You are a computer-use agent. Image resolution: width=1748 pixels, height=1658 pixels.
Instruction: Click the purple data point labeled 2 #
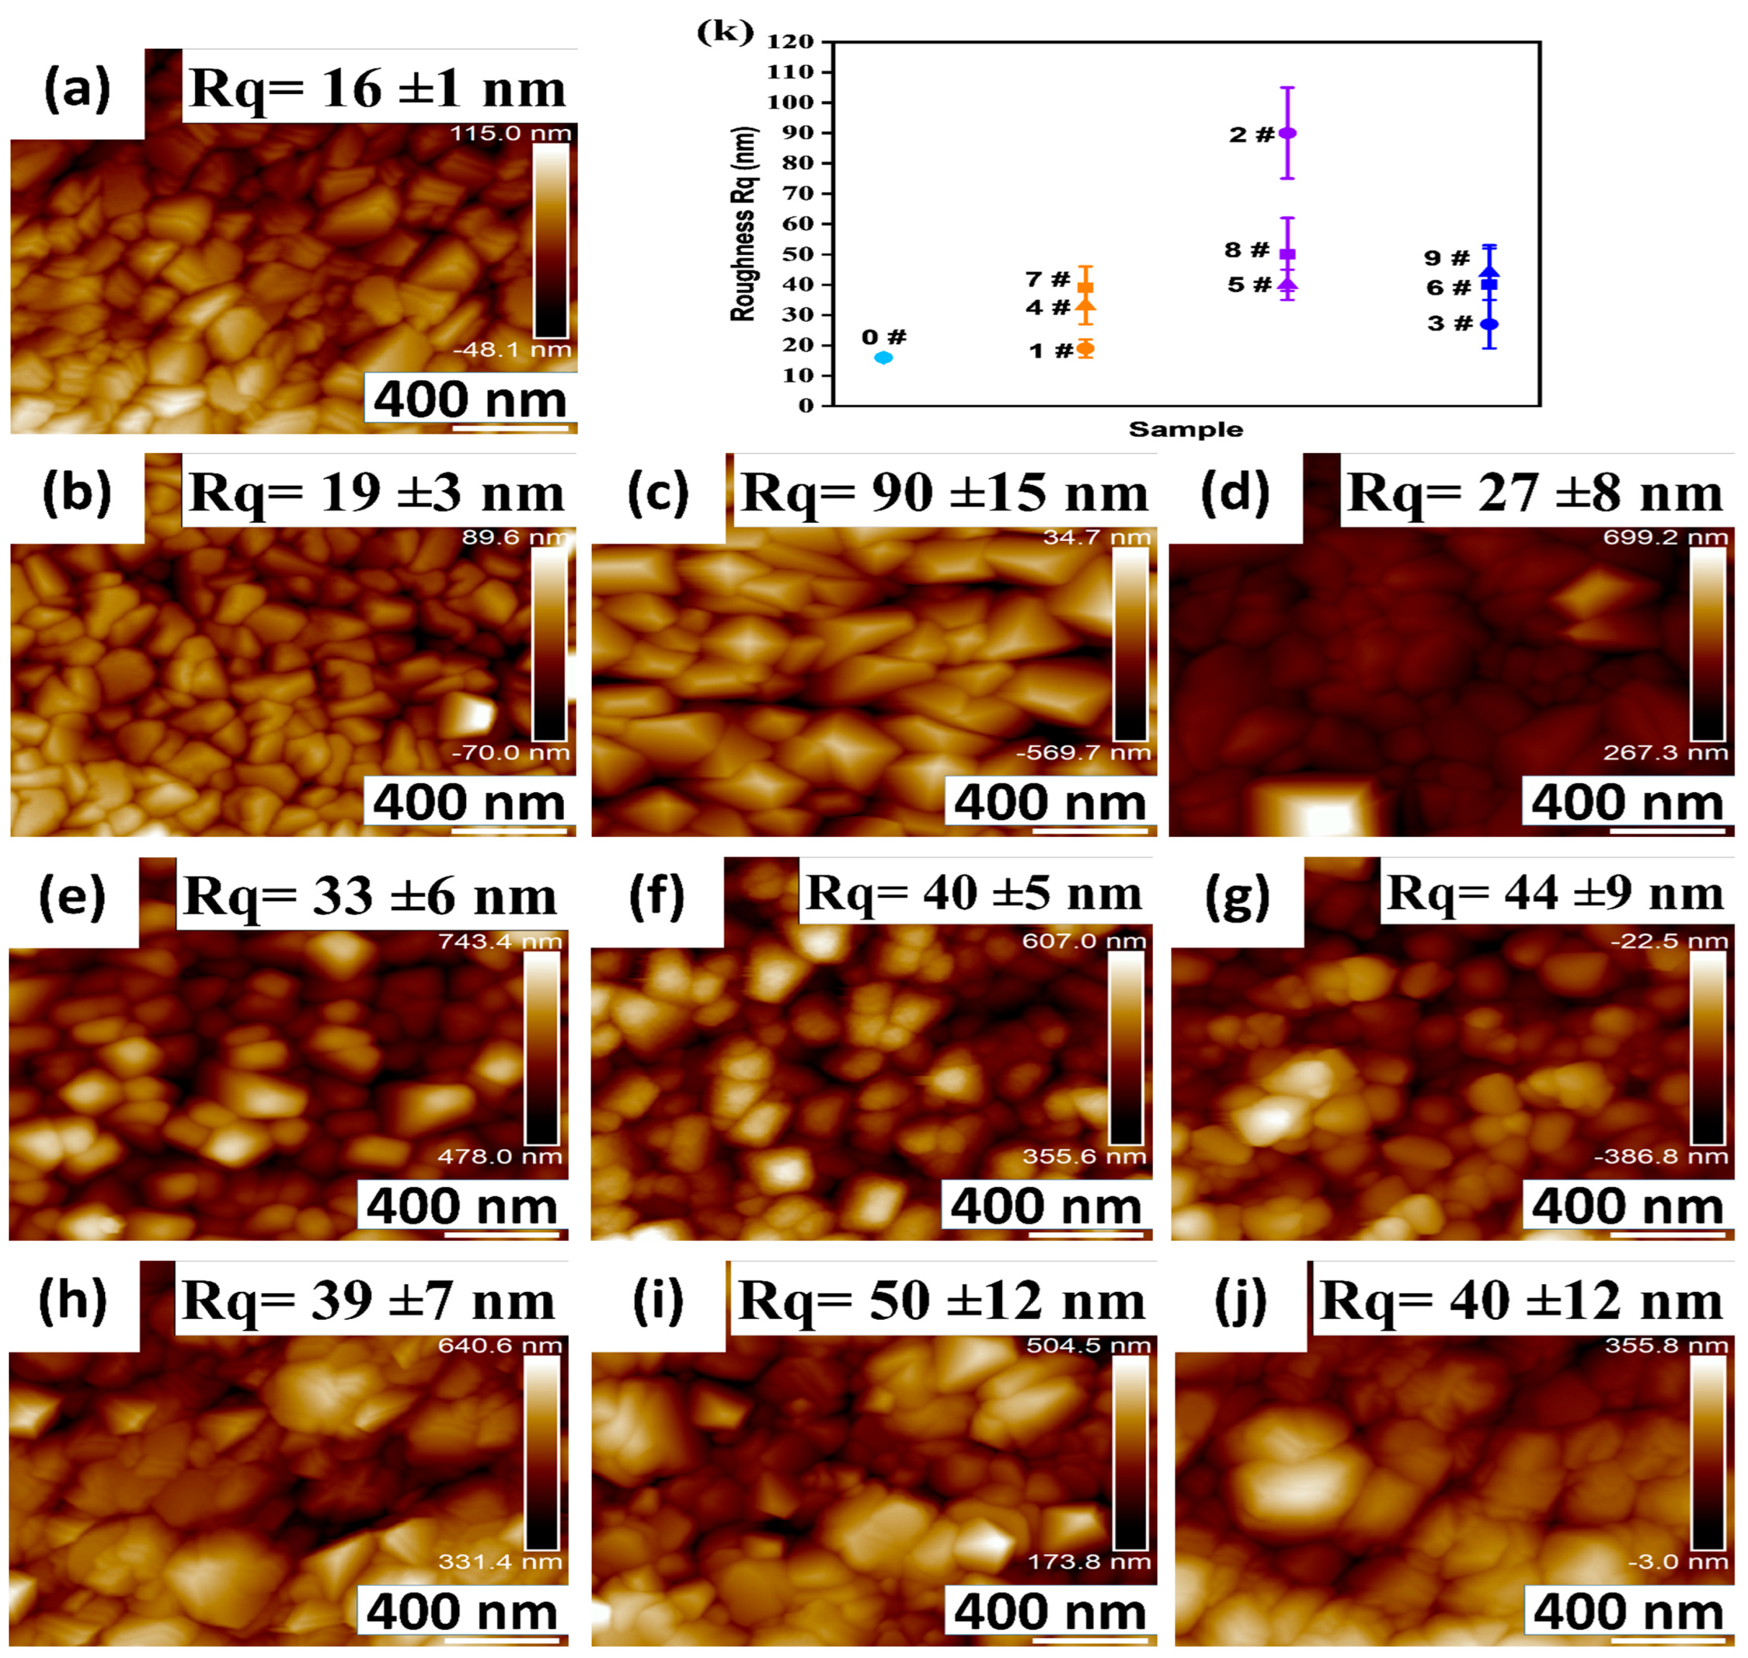coord(1287,132)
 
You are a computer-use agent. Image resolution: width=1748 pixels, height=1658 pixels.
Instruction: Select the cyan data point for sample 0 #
coord(883,358)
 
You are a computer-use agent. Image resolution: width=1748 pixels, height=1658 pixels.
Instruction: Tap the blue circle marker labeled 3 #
coord(1489,324)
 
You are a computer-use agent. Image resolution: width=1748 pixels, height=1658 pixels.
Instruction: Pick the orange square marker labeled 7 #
coord(1085,287)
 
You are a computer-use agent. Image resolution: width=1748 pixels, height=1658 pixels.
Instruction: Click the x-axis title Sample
coord(1185,429)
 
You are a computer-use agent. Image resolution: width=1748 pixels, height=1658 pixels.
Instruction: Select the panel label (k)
coord(725,32)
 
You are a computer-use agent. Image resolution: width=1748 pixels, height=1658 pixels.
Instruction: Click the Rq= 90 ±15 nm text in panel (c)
coord(945,492)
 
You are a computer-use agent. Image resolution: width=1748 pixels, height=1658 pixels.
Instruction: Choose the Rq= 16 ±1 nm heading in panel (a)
coord(378,89)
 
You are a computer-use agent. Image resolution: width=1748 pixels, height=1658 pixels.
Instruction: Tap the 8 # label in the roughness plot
coord(1246,250)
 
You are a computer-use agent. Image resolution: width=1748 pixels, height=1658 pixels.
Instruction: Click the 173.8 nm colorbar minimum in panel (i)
coord(1088,1561)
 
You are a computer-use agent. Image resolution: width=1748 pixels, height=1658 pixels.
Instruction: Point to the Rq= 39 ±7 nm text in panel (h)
coord(368,1301)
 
